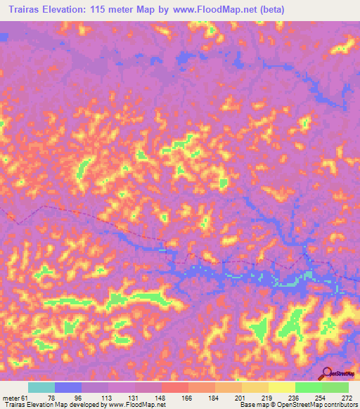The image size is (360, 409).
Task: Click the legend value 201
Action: pos(241,398)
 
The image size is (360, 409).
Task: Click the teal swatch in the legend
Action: pos(41,387)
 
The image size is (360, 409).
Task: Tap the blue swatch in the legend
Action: pos(68,387)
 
